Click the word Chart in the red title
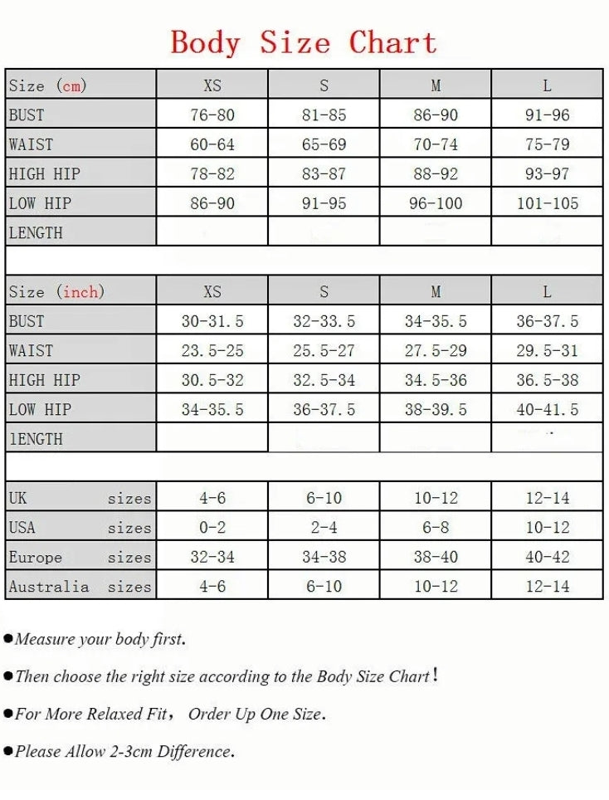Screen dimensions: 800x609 [x=392, y=42]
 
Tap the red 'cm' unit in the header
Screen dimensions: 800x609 [x=72, y=85]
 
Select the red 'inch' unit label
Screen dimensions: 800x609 [x=81, y=291]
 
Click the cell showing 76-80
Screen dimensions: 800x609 [x=212, y=115]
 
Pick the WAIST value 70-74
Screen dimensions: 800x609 [x=436, y=144]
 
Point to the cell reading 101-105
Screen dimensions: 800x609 [x=547, y=203]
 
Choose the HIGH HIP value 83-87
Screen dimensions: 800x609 [x=324, y=174]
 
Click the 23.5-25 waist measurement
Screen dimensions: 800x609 [x=212, y=351]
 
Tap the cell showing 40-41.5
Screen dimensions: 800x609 [x=547, y=410]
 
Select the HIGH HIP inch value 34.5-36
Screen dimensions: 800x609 [x=436, y=380]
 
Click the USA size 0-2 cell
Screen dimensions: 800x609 [x=212, y=528]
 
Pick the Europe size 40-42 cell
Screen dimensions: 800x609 [x=547, y=557]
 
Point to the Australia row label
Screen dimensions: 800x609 [x=49, y=587]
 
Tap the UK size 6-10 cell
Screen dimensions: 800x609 [x=324, y=498]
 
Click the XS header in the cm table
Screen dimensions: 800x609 [x=212, y=85]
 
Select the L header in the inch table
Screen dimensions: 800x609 [x=547, y=291]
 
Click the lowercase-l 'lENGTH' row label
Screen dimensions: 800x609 [x=36, y=439]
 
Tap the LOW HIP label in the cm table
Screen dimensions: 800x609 [x=40, y=203]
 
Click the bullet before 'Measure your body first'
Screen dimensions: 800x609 [x=8, y=639]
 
